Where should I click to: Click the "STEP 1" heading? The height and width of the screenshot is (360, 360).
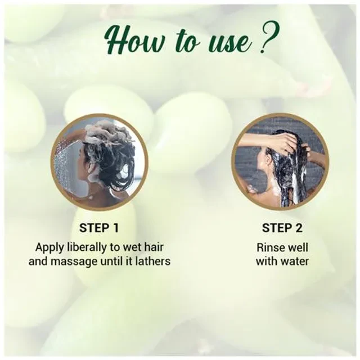pyautogui.click(x=99, y=228)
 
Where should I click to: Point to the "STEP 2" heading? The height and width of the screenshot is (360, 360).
pyautogui.click(x=282, y=228)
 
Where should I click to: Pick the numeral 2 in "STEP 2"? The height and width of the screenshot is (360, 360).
pyautogui.click(x=298, y=228)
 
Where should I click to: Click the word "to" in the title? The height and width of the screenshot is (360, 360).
pyautogui.click(x=187, y=42)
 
